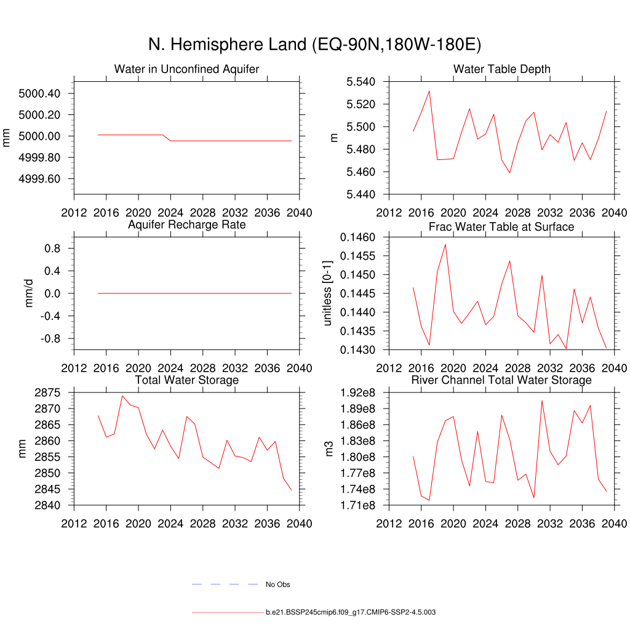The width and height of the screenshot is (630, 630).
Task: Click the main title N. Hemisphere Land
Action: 314,44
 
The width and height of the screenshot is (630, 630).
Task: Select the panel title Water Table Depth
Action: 501,69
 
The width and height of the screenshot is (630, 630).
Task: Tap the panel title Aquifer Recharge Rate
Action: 186,225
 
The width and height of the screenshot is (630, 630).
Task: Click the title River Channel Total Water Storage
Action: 501,380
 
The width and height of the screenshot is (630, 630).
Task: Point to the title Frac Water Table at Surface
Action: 501,227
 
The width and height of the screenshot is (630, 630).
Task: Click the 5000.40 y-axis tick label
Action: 39,94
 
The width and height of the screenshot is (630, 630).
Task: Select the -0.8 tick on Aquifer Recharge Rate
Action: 48,338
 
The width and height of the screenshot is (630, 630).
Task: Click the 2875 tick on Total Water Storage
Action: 47,393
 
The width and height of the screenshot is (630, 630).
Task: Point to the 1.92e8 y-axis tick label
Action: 358,393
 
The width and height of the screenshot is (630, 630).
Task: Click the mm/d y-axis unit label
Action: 29,293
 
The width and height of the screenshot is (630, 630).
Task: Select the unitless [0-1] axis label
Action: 327,293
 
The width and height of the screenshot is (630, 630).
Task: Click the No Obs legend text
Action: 277,584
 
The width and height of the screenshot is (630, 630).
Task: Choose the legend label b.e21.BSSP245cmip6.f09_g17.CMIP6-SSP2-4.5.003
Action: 351,613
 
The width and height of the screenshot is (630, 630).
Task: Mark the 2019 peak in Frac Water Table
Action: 445,244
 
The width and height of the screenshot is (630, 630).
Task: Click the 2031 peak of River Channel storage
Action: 542,401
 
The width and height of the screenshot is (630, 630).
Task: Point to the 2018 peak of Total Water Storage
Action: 122,396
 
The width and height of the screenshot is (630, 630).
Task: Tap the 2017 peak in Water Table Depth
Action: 429,91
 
